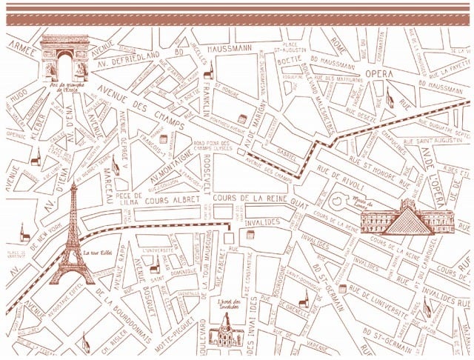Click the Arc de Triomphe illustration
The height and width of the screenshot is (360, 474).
pos(64,58)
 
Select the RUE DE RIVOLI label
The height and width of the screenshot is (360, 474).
pos(343,178)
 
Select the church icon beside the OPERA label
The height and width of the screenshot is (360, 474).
pos(388,96)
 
